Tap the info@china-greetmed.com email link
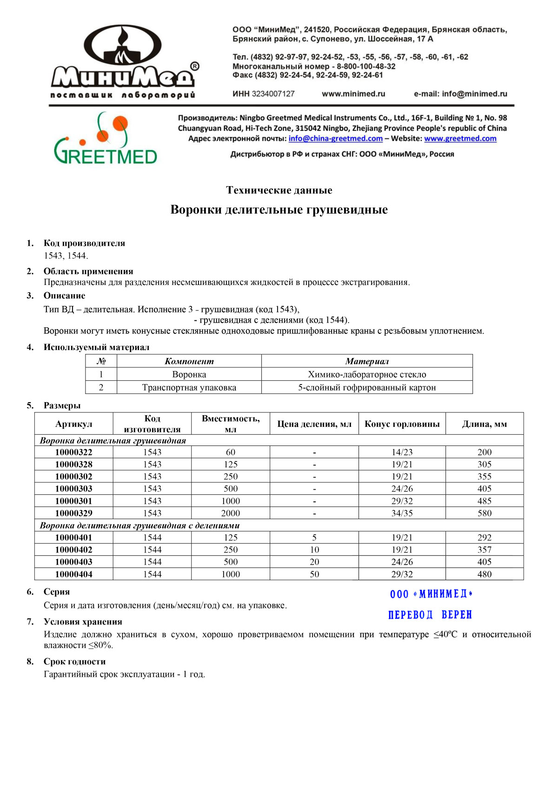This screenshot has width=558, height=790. pyautogui.click(x=335, y=138)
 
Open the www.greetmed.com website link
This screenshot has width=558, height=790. pyautogui.click(x=460, y=138)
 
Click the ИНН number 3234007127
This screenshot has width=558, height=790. pyautogui.click(x=273, y=94)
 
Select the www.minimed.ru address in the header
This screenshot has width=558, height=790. pyautogui.click(x=353, y=94)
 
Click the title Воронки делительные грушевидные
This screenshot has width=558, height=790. pyautogui.click(x=279, y=209)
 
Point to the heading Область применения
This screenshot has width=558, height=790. pyautogui.click(x=88, y=271)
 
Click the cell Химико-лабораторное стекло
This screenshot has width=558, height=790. pyautogui.click(x=367, y=374)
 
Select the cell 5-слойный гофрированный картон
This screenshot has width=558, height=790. pyautogui.click(x=367, y=387)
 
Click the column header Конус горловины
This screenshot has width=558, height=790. pyautogui.click(x=402, y=424)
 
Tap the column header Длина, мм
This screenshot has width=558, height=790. pyautogui.click(x=484, y=424)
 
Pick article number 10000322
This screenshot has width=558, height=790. pyautogui.click(x=73, y=452)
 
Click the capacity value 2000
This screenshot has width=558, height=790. pyautogui.click(x=231, y=513)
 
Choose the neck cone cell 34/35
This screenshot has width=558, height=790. pyautogui.click(x=402, y=513)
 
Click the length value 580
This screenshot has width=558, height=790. pyautogui.click(x=484, y=513)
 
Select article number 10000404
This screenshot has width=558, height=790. pyautogui.click(x=73, y=574)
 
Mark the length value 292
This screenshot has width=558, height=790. pyautogui.click(x=484, y=537)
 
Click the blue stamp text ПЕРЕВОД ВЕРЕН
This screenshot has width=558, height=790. pyautogui.click(x=430, y=615)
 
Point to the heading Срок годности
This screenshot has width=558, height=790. pyautogui.click(x=74, y=662)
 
